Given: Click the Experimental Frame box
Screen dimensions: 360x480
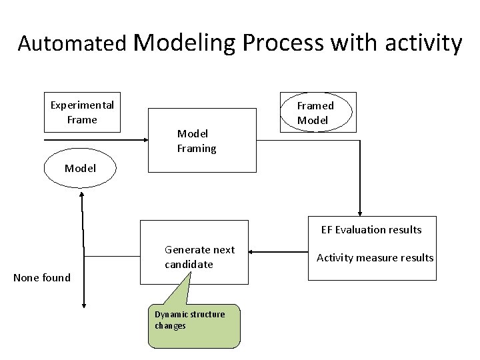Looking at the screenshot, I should (x=82, y=112).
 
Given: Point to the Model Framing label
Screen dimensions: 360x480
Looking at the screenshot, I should (x=197, y=141).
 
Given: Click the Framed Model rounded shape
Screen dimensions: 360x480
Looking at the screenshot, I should (x=316, y=113).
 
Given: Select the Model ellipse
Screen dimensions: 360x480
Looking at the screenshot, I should (x=80, y=169).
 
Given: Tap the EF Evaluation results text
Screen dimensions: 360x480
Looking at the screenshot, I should (x=371, y=230).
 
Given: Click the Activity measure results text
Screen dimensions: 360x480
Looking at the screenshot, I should (x=375, y=257).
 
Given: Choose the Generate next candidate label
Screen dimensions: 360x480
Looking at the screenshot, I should (x=199, y=257).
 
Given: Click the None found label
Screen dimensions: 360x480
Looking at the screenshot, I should (x=42, y=277).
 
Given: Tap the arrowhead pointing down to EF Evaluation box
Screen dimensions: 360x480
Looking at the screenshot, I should (x=360, y=211).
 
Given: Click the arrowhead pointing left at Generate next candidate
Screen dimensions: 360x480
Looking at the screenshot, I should (x=253, y=252).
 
